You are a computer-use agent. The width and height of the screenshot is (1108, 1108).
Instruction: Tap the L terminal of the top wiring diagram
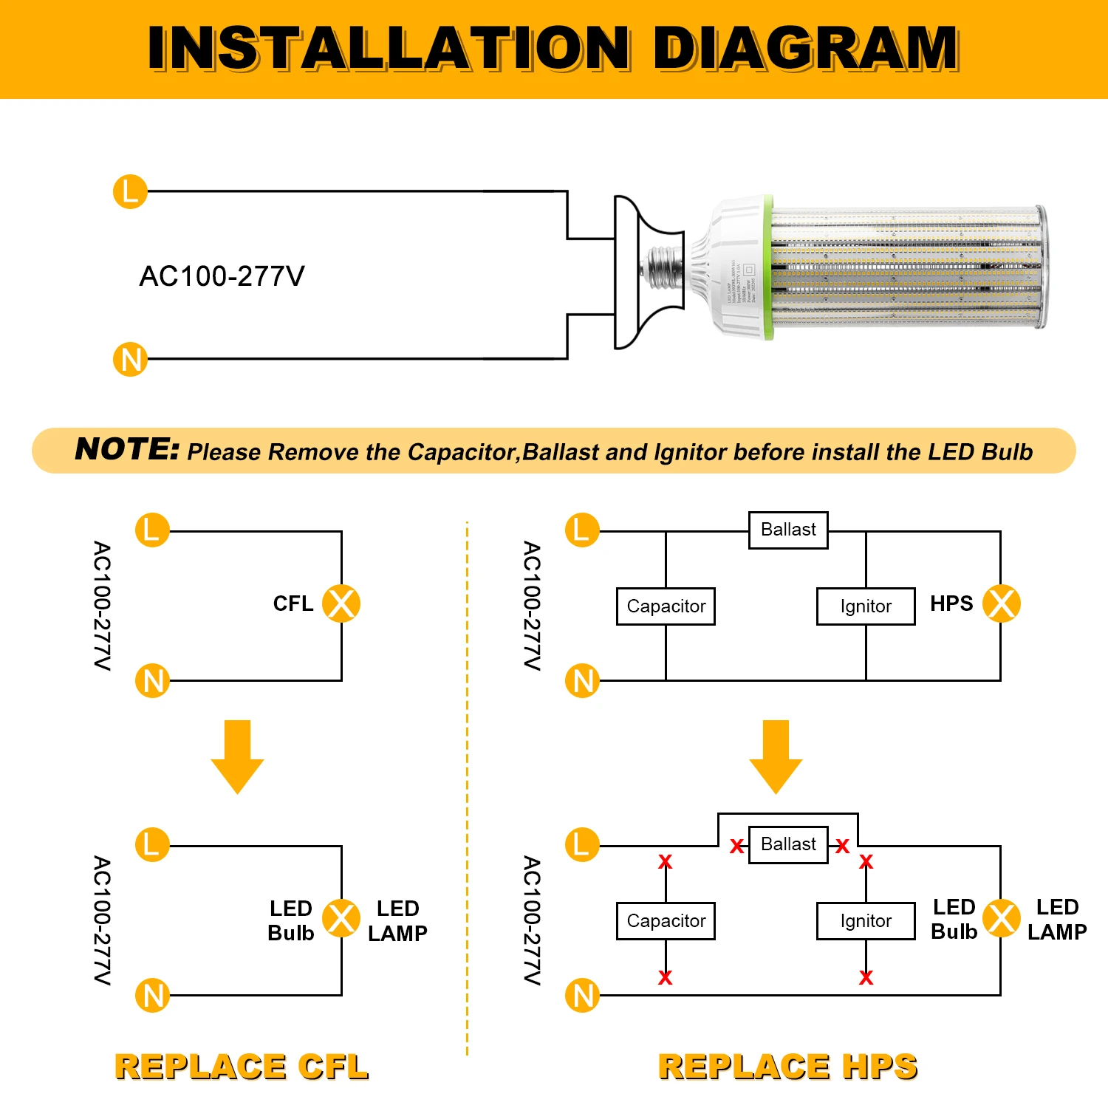click(x=130, y=192)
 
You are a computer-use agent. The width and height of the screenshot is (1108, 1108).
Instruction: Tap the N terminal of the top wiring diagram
click(x=130, y=360)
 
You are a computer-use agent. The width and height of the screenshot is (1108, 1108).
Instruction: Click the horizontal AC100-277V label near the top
click(x=222, y=276)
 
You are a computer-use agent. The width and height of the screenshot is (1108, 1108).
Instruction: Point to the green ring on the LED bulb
click(x=769, y=267)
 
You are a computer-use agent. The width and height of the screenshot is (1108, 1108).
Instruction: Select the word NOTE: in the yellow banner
click(x=127, y=449)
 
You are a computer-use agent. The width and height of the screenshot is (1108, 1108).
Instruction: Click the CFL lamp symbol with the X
click(x=341, y=603)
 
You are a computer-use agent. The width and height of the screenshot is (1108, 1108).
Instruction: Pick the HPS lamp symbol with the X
click(x=1002, y=603)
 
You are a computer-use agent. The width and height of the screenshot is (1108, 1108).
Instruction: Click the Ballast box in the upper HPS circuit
click(x=788, y=530)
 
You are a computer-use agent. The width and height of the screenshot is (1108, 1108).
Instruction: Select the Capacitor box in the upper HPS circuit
click(x=666, y=606)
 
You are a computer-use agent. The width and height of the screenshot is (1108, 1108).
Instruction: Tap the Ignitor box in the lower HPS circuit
click(x=866, y=921)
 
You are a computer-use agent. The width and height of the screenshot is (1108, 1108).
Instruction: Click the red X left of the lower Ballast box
click(x=736, y=847)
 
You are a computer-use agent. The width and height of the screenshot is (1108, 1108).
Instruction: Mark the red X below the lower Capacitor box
click(x=666, y=978)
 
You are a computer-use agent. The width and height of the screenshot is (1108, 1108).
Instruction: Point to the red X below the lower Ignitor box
click(x=866, y=978)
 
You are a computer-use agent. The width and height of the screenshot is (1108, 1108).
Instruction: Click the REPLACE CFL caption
click(x=242, y=1067)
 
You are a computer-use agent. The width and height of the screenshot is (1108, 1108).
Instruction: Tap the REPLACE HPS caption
click(x=787, y=1067)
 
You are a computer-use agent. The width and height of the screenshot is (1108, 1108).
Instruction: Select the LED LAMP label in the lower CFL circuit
click(x=397, y=921)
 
